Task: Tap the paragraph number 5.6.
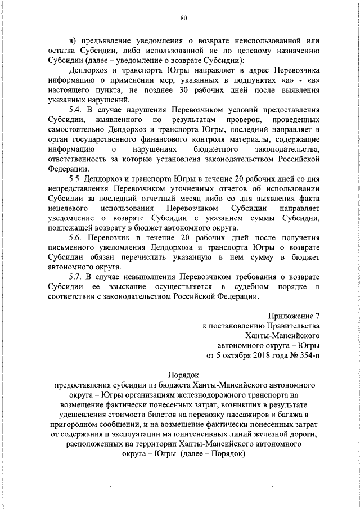76,238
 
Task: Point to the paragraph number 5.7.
76,277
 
